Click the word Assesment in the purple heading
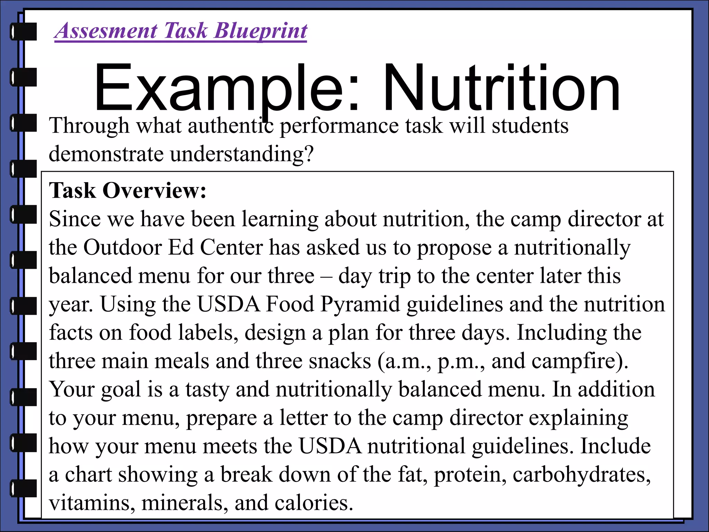pos(106,30)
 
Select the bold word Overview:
pos(154,190)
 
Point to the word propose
pos(454,248)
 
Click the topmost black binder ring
pos(24,32)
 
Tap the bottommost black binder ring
pos(24,488)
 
